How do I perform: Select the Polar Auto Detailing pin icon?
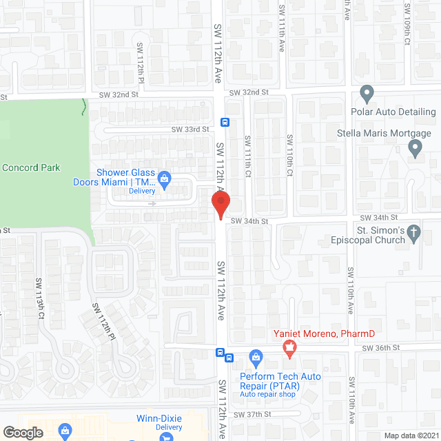tap(367, 93)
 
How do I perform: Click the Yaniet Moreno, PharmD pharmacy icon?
tap(290, 350)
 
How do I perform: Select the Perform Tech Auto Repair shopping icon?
tap(256, 356)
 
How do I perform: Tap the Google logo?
tap(23, 433)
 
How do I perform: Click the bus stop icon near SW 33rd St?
tap(225, 123)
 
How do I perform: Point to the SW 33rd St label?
tap(190, 130)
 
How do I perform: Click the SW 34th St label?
tap(248, 221)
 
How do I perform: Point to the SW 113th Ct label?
tap(41, 298)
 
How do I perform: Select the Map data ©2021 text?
tap(410, 435)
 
